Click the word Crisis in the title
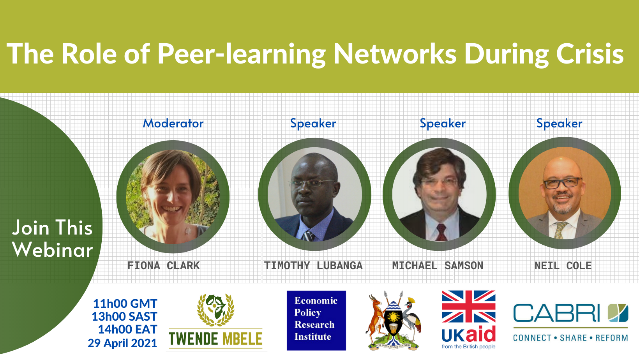click(x=590, y=54)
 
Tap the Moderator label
click(x=173, y=123)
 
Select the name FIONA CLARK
click(x=164, y=266)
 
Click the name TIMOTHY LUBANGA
click(x=313, y=266)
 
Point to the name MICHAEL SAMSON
click(x=438, y=266)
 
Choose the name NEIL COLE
click(x=563, y=266)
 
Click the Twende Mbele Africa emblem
click(x=216, y=310)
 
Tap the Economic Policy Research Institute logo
click(x=316, y=320)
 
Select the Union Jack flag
click(x=468, y=307)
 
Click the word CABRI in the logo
click(x=556, y=313)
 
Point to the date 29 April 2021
click(x=122, y=343)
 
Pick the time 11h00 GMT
click(x=125, y=304)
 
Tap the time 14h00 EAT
click(x=127, y=330)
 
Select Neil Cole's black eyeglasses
click(x=562, y=183)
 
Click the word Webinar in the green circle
click(x=53, y=250)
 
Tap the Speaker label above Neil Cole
click(x=560, y=124)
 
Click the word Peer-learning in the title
click(x=242, y=54)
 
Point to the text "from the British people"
click(x=468, y=347)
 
